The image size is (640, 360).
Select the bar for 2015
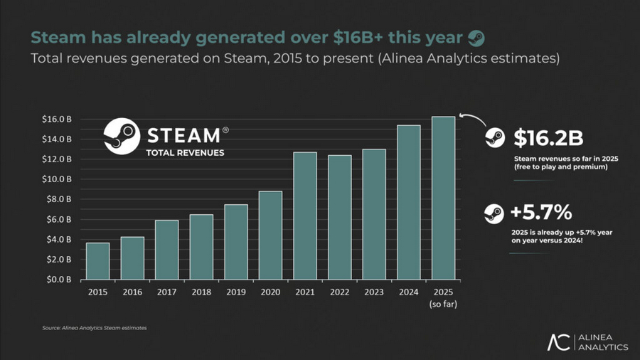pyautogui.click(x=97, y=261)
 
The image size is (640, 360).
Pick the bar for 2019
pyautogui.click(x=235, y=242)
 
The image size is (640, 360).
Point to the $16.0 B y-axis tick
pyautogui.click(x=56, y=118)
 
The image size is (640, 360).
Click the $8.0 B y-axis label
pyautogui.click(x=58, y=199)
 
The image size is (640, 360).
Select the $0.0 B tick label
pyautogui.click(x=58, y=280)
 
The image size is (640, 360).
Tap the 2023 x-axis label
pyautogui.click(x=373, y=291)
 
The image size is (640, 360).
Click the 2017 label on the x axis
pyautogui.click(x=166, y=291)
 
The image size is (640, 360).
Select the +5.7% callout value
pyautogui.click(x=541, y=212)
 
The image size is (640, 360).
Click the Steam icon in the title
pyautogui.click(x=476, y=38)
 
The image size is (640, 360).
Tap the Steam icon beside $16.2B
pyautogui.click(x=494, y=138)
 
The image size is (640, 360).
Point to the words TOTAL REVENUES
pyautogui.click(x=185, y=152)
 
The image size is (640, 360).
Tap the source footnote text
pyautogui.click(x=94, y=328)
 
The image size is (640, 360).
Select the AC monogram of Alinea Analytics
pyautogui.click(x=558, y=342)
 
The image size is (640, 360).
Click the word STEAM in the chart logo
pyautogui.click(x=183, y=134)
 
